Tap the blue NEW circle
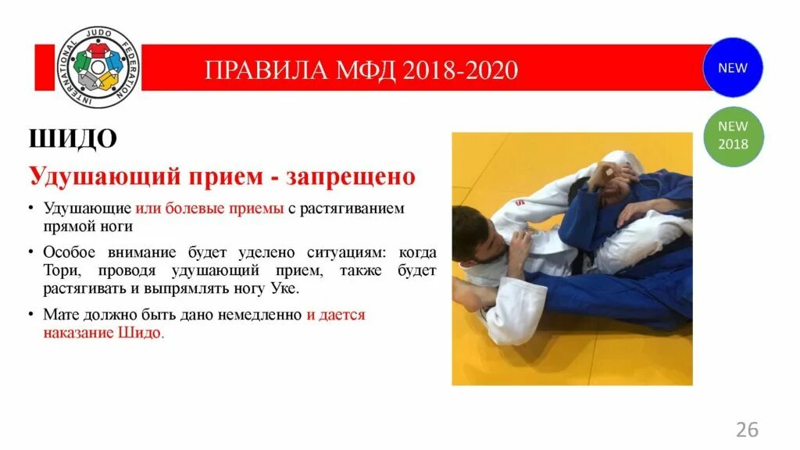(732, 67)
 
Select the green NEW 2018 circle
(733, 135)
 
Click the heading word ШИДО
(73, 139)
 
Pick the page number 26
(747, 430)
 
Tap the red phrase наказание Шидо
(103, 333)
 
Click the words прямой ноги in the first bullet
(88, 227)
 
